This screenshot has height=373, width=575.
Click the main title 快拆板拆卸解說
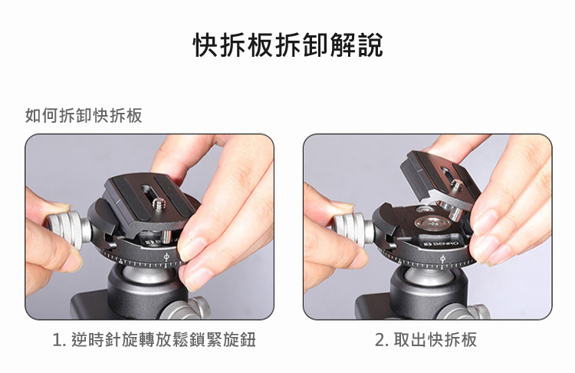click(x=287, y=45)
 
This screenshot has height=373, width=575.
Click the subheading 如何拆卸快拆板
click(x=84, y=116)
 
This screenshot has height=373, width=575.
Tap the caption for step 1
click(x=154, y=339)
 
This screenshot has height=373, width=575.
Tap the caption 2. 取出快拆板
click(x=426, y=339)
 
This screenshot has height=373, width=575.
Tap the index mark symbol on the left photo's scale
click(x=166, y=257)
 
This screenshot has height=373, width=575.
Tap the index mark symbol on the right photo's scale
click(x=442, y=260)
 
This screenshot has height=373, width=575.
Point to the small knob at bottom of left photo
click(x=186, y=309)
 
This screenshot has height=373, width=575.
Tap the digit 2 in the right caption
click(x=379, y=340)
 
